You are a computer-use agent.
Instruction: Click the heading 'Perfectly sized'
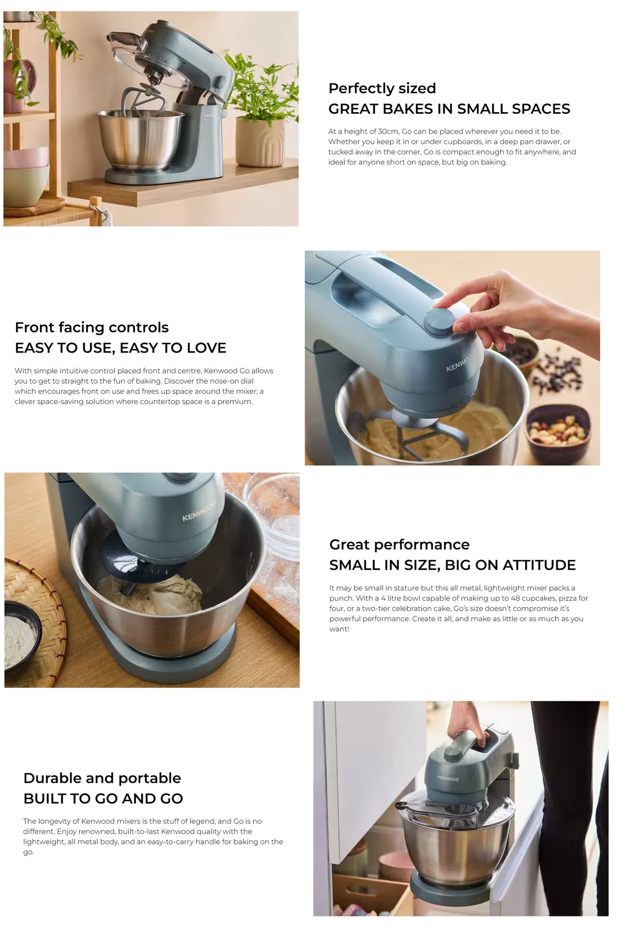click(382, 88)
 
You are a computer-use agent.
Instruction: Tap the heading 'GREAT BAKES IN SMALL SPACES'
click(449, 109)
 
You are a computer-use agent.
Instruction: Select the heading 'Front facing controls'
click(92, 327)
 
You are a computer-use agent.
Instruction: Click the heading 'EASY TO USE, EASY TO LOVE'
click(120, 348)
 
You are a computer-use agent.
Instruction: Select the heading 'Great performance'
click(399, 544)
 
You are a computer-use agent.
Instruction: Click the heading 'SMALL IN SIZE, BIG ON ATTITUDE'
click(452, 565)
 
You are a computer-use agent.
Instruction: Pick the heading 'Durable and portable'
click(102, 778)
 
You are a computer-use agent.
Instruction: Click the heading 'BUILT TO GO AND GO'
click(103, 798)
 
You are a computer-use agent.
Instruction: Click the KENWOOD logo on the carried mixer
click(448, 779)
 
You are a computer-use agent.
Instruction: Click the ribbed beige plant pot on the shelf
click(259, 142)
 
